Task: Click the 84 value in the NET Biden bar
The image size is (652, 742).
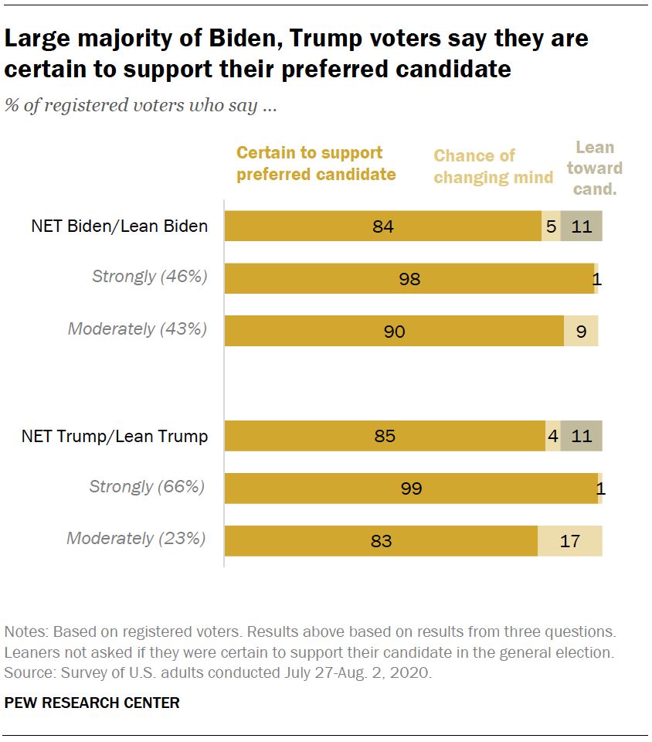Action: coord(382,226)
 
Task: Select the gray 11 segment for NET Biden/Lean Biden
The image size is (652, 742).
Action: coord(581,226)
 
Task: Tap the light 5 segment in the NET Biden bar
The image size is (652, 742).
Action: coord(551,226)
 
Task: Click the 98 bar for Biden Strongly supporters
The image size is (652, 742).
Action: coord(409,278)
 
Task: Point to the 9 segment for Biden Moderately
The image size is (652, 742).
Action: coord(581,331)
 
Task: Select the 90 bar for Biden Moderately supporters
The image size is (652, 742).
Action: coord(394,331)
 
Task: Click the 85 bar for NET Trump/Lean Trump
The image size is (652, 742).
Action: coord(384,436)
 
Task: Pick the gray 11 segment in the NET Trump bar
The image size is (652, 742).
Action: coord(581,436)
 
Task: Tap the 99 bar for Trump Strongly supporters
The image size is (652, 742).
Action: coord(410,488)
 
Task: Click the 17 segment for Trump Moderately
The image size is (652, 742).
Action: coord(569,541)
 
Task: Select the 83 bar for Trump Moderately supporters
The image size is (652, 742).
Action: coord(381,541)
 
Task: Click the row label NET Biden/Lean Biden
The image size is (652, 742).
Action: coord(120,226)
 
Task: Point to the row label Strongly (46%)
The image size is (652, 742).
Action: coord(150,276)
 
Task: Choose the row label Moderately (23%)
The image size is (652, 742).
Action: coord(137,539)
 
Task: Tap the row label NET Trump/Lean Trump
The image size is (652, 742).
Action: coord(115,436)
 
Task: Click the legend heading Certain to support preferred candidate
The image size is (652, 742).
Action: coord(316,164)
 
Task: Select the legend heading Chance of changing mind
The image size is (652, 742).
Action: coord(493,166)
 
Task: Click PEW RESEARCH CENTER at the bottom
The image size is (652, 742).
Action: coord(92,703)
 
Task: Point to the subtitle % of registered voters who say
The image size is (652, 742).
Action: coord(141,106)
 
